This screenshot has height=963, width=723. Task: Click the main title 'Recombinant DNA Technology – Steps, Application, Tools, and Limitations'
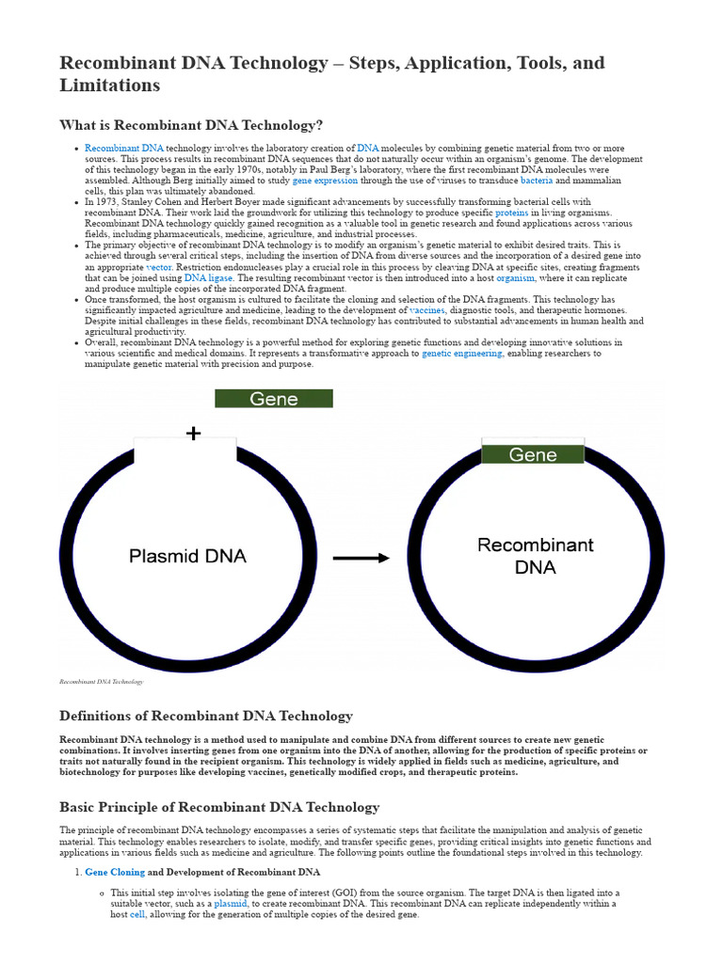331,73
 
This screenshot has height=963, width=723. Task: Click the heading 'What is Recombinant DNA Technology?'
191,125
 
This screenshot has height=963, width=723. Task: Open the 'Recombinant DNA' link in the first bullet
124,149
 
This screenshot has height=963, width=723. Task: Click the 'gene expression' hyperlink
326,180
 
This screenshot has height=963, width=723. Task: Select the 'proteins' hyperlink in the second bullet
512,213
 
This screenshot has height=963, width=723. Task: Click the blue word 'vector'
159,267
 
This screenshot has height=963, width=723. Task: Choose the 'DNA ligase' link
208,278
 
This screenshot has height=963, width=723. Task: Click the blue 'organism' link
516,278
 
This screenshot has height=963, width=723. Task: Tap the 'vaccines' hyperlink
426,310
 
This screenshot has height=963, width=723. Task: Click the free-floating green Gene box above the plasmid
274,399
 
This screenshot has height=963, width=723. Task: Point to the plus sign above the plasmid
193,434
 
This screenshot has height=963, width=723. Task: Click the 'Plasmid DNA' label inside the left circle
187,556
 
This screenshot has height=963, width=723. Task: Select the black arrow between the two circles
361,558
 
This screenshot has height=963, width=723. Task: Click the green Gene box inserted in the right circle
533,454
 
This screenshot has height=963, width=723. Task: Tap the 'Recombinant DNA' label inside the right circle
536,556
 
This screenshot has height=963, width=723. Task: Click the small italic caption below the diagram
101,681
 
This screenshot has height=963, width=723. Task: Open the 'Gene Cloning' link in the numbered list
115,873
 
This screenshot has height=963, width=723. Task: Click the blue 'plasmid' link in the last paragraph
231,903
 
